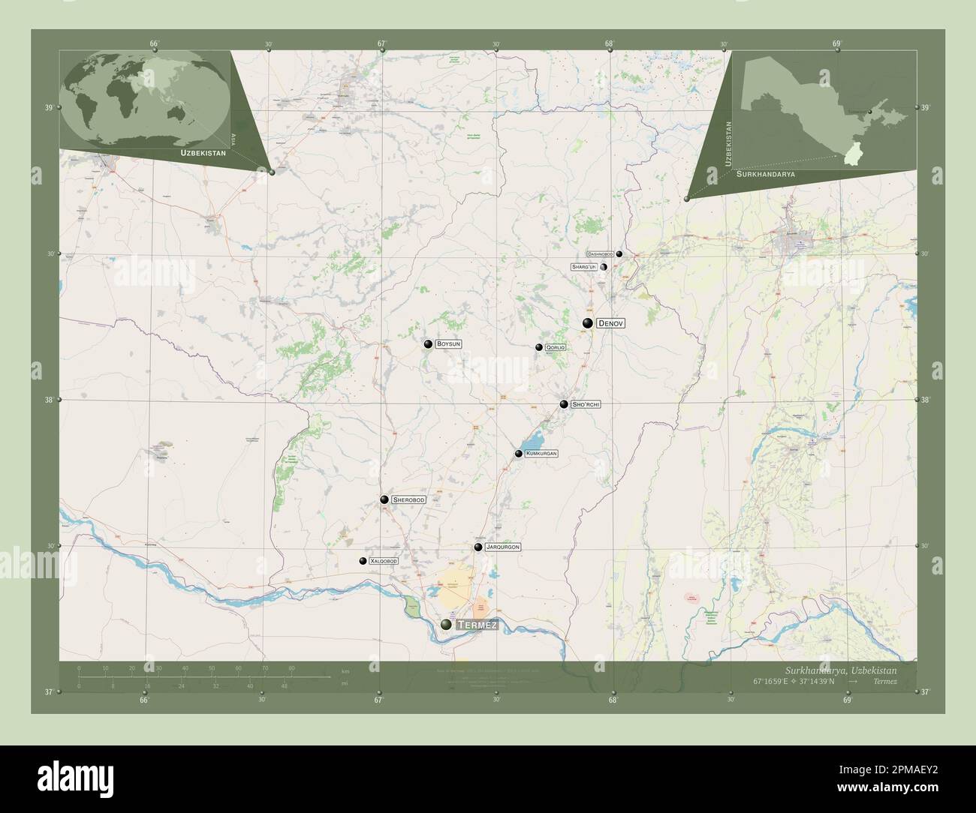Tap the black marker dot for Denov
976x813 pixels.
point(588,322)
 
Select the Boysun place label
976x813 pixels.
point(448,344)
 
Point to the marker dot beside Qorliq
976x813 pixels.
point(539,347)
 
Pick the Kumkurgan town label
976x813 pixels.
point(541,454)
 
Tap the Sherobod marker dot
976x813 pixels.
point(384,499)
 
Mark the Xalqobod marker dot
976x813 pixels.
point(363,561)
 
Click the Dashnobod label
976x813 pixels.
point(601,254)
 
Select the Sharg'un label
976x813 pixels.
point(583,266)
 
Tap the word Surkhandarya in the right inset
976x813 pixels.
point(766,173)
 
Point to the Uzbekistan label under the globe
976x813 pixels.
point(203,152)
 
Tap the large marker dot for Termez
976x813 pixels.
point(447,624)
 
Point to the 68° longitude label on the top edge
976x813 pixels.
point(610,43)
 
